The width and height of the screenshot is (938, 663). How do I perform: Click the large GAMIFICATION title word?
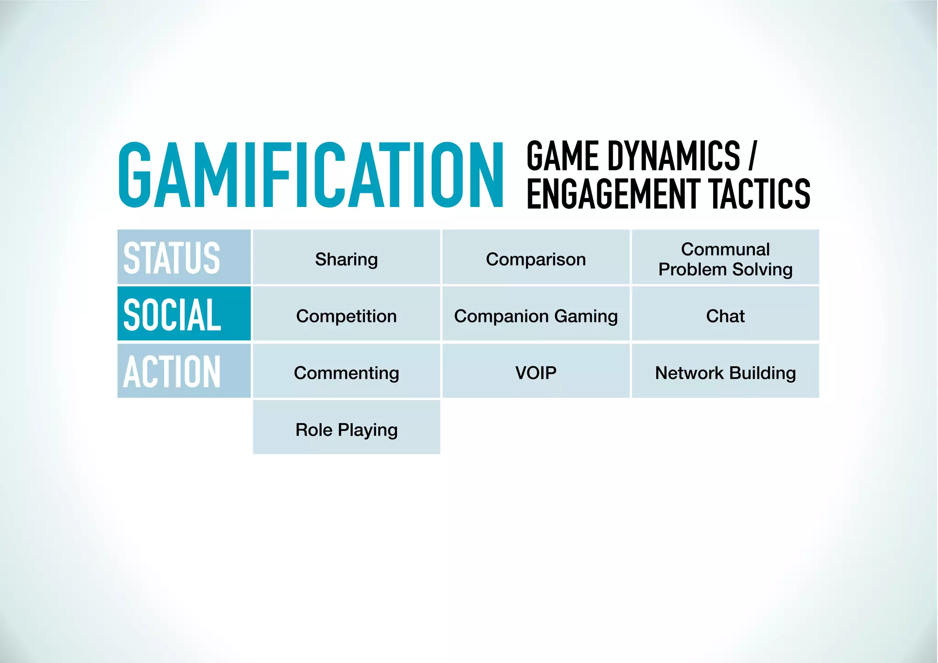311,175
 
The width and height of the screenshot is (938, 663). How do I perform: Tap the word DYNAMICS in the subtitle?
674,156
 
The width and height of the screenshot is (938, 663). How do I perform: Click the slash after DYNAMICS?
752,156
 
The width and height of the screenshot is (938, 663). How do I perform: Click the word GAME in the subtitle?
562,156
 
